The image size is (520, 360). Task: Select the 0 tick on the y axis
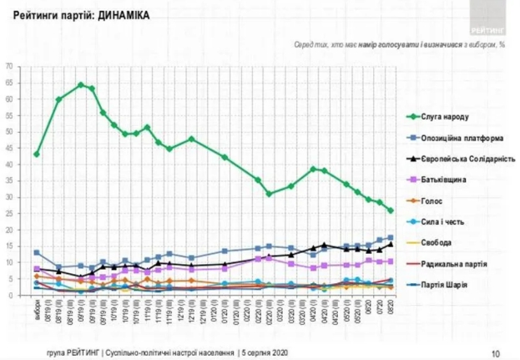click(11, 295)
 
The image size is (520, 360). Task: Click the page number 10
click(496, 352)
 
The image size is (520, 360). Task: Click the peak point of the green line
click(80, 84)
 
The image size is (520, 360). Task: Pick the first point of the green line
click(36, 155)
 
